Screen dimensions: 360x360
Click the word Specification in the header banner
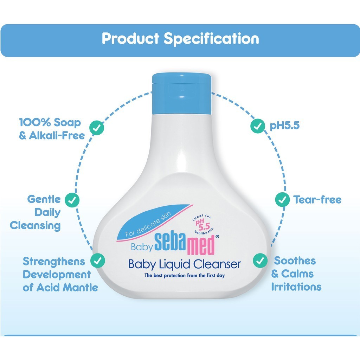(211, 39)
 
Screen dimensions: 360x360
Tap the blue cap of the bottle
(181, 94)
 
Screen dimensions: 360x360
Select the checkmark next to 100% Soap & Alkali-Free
(97, 127)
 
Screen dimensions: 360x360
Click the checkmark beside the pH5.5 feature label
(258, 126)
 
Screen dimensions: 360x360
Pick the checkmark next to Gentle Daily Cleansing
(72, 200)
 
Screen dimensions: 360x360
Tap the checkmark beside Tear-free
(282, 200)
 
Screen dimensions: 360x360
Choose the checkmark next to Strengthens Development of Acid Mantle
(98, 261)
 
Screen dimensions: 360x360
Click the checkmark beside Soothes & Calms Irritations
(260, 261)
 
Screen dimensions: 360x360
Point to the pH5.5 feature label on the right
(285, 126)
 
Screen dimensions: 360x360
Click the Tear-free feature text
(317, 200)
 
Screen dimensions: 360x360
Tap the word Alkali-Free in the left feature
(57, 135)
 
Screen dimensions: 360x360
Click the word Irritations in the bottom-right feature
(296, 287)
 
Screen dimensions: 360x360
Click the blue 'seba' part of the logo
(170, 242)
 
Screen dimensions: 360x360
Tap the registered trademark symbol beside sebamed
(217, 237)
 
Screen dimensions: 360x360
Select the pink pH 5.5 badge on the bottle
(203, 225)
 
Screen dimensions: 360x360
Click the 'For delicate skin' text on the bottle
(148, 224)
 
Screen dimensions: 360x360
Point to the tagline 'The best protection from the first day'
(185, 275)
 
